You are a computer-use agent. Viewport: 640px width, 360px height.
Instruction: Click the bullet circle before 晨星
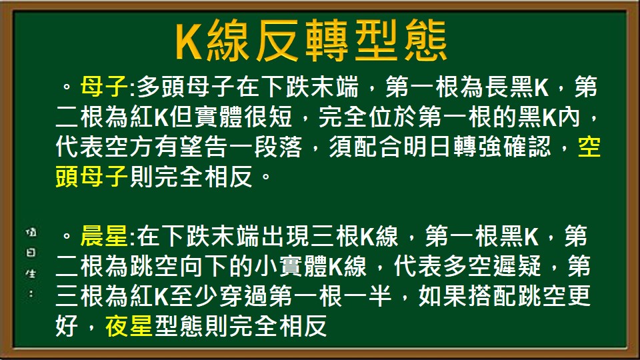[66, 237]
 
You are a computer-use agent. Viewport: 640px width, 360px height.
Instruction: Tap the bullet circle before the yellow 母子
[66, 87]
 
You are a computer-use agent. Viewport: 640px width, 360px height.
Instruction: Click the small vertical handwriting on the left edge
[31, 263]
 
